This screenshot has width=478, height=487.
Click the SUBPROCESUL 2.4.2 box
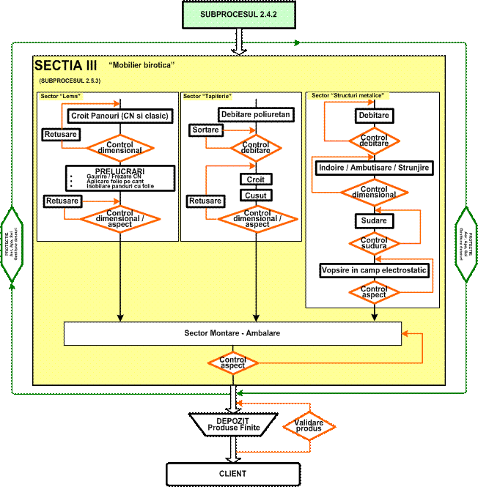click(238, 14)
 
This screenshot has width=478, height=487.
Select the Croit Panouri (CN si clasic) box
click(119, 116)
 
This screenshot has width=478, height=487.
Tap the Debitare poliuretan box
click(256, 114)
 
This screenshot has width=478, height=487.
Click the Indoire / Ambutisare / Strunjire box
click(374, 168)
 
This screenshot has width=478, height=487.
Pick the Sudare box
click(374, 220)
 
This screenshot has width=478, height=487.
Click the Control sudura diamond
click(374, 243)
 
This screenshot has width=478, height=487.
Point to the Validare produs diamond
click(309, 426)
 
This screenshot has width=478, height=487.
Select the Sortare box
click(206, 130)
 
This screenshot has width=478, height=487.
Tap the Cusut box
click(256, 195)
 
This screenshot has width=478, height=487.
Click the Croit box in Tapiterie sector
click(256, 179)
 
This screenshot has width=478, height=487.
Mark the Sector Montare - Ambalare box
click(232, 333)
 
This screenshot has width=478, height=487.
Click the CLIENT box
click(233, 474)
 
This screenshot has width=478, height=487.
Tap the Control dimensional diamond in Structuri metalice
click(374, 193)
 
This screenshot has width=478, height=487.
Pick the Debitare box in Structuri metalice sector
click(374, 116)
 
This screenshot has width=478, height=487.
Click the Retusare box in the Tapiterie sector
click(205, 201)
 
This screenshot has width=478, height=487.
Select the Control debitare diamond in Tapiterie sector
click(256, 146)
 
